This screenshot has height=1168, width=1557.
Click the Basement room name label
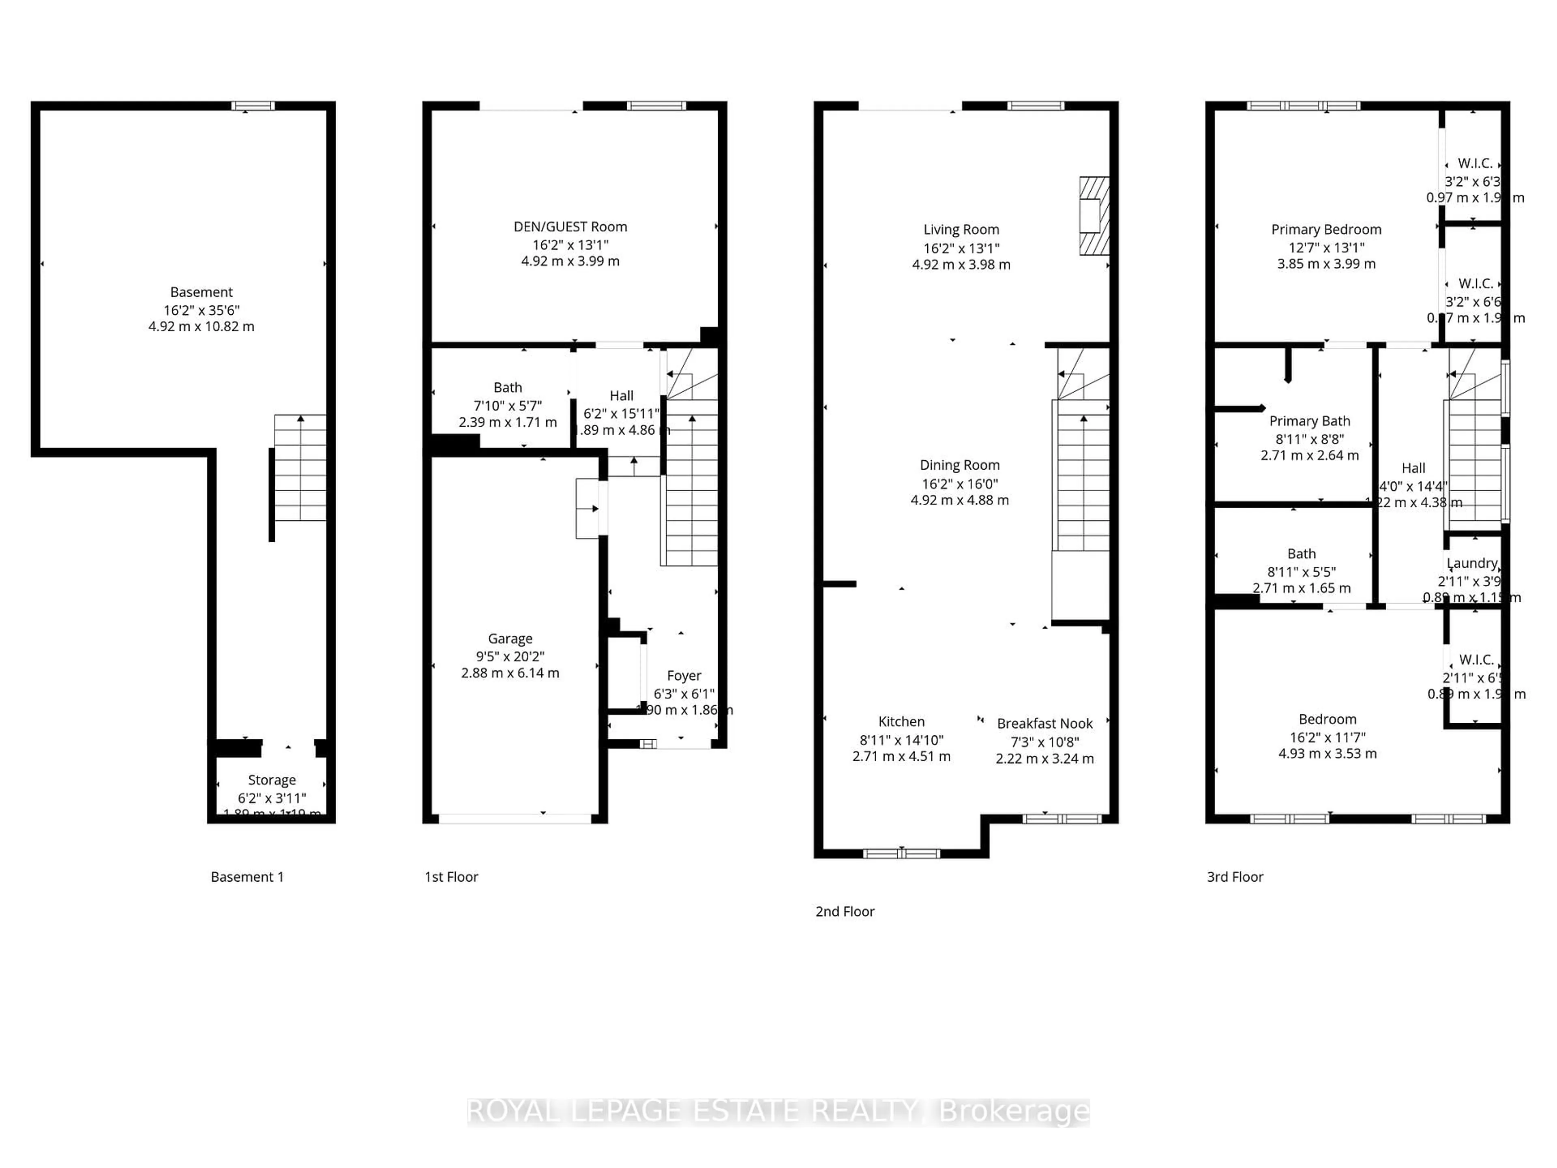pos(201,292)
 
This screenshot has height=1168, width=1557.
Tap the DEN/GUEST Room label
pos(570,227)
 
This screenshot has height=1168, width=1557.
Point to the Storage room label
pos(272,780)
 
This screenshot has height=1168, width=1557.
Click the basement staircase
pos(300,468)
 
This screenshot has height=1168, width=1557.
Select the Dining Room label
pos(959,465)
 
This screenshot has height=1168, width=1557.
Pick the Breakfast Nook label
pos(1044,724)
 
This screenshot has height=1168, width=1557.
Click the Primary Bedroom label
pos(1326,230)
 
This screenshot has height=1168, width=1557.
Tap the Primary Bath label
pos(1309,421)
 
